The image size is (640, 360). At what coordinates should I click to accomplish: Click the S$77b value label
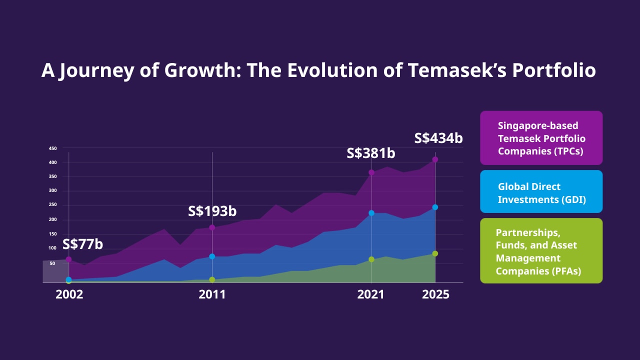click(82, 244)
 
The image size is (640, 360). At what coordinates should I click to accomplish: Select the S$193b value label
click(212, 211)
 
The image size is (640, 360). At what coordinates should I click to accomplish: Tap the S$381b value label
click(371, 153)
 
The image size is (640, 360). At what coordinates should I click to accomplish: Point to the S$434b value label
click(438, 138)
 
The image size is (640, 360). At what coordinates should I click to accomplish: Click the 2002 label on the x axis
click(69, 294)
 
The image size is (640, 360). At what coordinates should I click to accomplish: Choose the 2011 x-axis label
click(212, 294)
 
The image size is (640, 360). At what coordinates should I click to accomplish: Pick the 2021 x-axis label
click(371, 294)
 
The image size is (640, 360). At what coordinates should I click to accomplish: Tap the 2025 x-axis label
click(436, 294)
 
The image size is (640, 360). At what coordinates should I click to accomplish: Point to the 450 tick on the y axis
click(52, 148)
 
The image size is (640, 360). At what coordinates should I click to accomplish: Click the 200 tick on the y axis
click(52, 219)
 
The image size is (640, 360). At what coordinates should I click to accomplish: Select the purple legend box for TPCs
click(541, 138)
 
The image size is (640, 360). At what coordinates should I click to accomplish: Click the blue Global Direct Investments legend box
click(541, 192)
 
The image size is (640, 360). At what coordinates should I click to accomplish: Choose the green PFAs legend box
click(541, 250)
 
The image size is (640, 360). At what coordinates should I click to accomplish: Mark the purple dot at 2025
click(435, 159)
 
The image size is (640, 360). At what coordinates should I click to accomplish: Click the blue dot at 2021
click(371, 213)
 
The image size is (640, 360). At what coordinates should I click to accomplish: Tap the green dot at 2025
click(435, 253)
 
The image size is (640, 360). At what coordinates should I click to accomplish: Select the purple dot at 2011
click(212, 227)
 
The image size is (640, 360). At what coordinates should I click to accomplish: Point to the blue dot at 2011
click(212, 256)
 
